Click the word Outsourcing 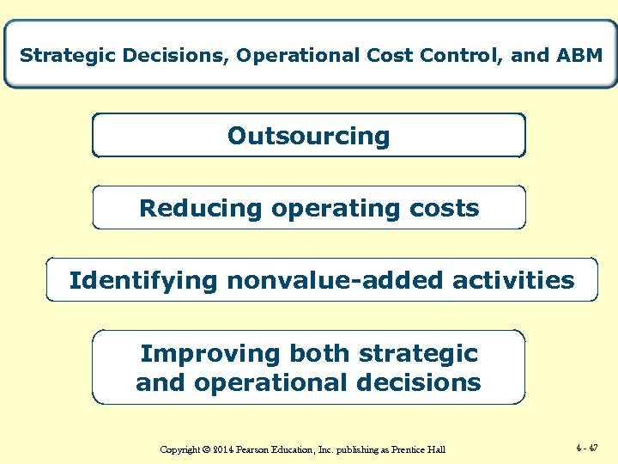pyautogui.click(x=308, y=136)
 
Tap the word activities pyautogui.click(x=518, y=280)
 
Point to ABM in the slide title pyautogui.click(x=579, y=56)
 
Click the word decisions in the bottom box pyautogui.click(x=430, y=383)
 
